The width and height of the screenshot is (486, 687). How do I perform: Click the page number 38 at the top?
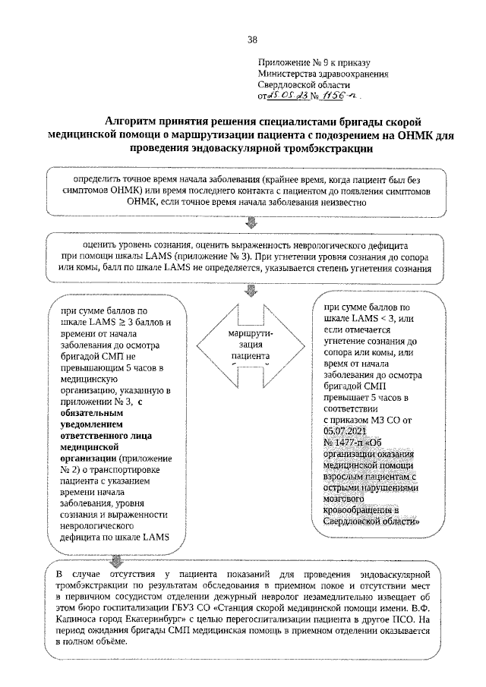coord(253,40)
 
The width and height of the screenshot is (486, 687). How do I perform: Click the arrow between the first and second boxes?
coord(252,223)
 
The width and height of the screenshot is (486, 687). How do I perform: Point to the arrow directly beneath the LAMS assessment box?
coord(252,292)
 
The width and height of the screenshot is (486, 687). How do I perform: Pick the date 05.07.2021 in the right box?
coord(345,431)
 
